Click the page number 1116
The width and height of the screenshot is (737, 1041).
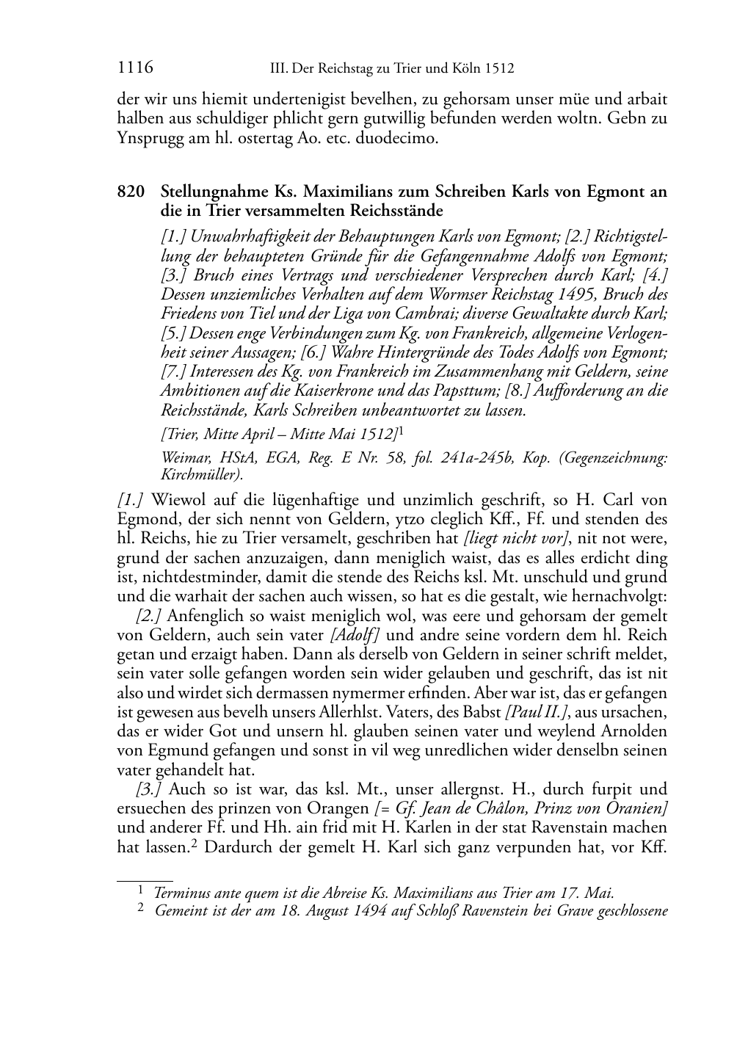[135, 68]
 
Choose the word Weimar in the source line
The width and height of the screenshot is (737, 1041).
[183, 458]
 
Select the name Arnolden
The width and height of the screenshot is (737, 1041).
[630, 731]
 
